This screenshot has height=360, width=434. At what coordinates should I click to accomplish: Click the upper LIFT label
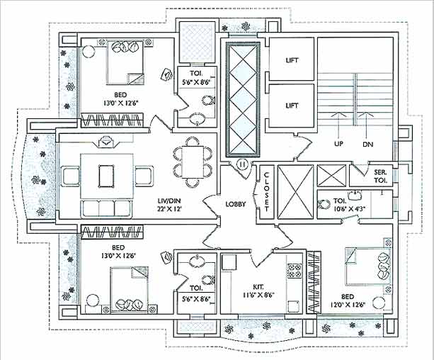(291, 60)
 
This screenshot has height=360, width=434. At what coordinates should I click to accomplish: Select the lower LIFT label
(291, 105)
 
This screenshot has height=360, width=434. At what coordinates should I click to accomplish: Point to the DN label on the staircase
(368, 144)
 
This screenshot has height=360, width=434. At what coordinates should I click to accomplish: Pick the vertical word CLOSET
(267, 192)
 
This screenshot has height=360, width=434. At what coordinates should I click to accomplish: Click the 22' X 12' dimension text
(170, 211)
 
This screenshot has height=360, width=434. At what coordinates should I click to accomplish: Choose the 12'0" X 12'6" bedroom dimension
(351, 305)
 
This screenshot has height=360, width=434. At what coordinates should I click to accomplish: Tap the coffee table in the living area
(108, 174)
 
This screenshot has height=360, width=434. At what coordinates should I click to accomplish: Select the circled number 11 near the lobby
(242, 164)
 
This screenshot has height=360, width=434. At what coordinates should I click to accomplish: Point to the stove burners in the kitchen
(294, 271)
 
